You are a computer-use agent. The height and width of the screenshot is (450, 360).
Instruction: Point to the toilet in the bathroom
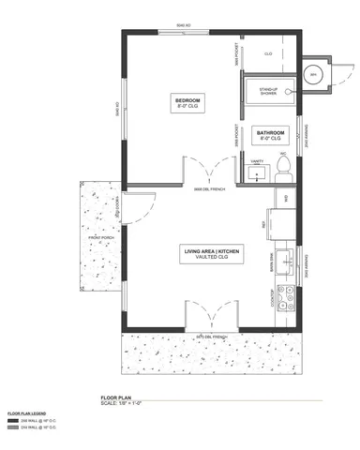[284, 168]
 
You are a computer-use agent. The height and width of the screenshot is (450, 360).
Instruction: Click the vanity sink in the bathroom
[254, 172]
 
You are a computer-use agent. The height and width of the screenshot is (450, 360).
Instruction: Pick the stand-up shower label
[268, 91]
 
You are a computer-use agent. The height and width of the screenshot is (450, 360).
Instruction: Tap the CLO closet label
[268, 54]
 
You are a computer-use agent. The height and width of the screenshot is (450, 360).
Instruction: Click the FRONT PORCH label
[100, 239]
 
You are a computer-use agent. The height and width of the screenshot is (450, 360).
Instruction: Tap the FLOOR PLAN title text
[116, 397]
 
